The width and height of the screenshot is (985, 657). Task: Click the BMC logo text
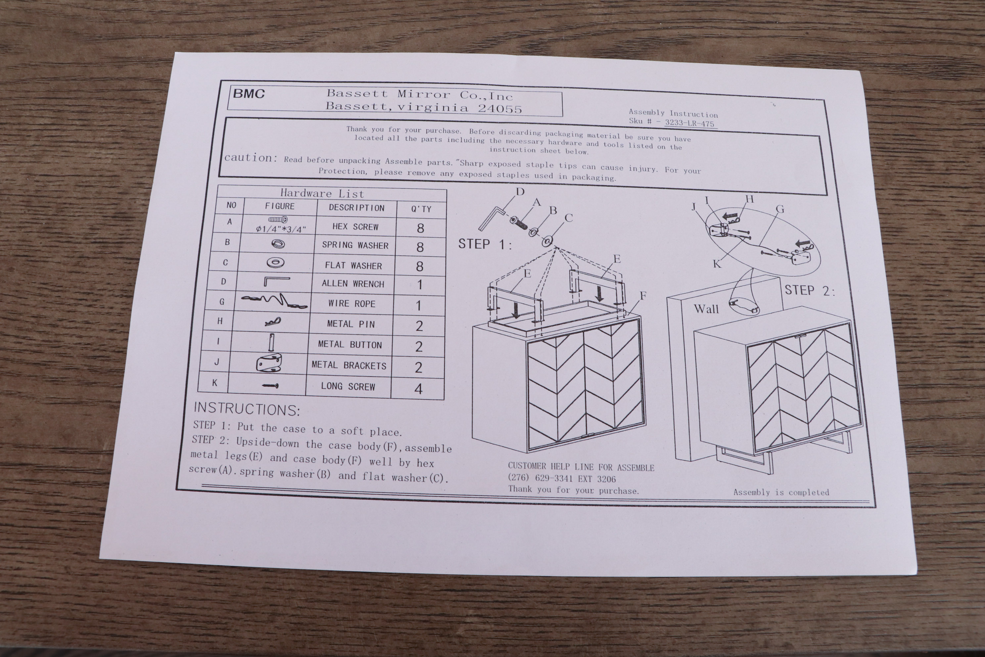[x=249, y=93]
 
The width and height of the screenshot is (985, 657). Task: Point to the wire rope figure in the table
[x=274, y=301]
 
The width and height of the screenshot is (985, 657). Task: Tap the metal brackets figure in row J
[x=269, y=363]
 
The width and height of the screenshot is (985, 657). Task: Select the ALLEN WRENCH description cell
[x=352, y=284]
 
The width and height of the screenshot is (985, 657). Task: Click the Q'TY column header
[x=421, y=209]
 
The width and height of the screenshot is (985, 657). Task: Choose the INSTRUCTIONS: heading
[x=247, y=409]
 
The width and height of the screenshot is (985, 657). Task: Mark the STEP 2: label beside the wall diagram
[x=810, y=290]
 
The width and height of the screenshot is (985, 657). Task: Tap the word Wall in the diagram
[x=706, y=309]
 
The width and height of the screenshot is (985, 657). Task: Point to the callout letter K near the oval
[x=717, y=264]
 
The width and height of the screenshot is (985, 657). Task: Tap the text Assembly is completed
[x=781, y=492]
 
